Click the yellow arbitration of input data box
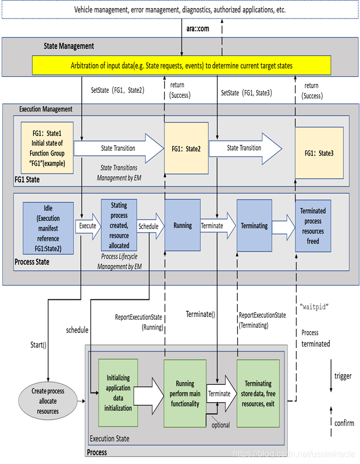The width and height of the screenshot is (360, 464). click(182, 66)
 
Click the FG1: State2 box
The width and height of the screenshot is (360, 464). click(186, 149)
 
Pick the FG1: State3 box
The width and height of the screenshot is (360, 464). click(320, 153)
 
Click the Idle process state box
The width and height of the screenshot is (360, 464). click(48, 227)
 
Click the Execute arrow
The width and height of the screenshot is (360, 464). click(87, 226)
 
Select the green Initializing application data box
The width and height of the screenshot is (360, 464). click(118, 393)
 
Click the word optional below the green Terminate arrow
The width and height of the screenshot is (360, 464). click(221, 425)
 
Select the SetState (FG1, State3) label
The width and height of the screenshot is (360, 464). click(247, 93)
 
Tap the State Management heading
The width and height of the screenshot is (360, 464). click(69, 46)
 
